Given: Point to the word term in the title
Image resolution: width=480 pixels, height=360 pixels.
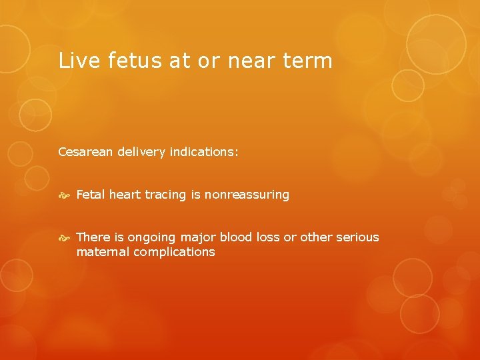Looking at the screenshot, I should (x=308, y=61).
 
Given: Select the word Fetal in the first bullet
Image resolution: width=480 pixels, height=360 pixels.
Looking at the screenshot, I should (x=91, y=195).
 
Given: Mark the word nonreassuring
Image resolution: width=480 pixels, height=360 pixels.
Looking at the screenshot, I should (x=247, y=195).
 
